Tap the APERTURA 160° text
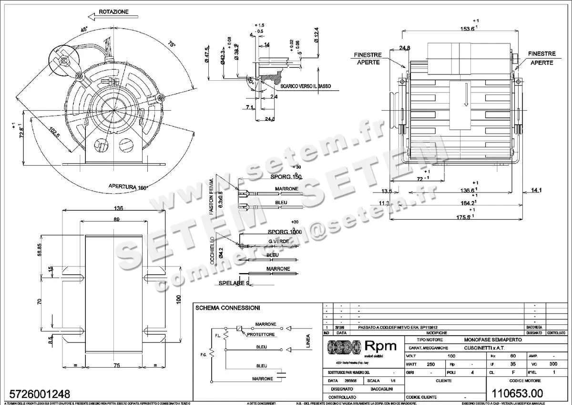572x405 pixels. (128, 187)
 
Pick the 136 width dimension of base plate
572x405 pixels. (119, 208)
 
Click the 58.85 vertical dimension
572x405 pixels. (40, 250)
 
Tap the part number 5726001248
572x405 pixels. (37, 394)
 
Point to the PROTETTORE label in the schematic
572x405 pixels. (261, 334)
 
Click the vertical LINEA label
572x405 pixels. (308, 341)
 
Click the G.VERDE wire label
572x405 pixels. (278, 242)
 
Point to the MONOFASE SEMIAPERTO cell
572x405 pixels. (492, 339)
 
